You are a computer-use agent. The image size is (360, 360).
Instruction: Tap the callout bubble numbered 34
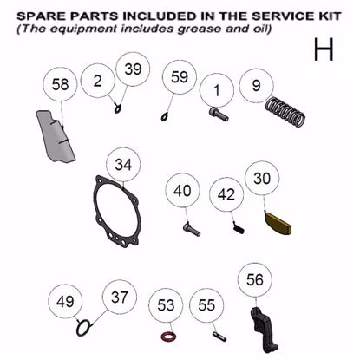click(x=123, y=164)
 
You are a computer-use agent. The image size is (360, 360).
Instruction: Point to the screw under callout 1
click(x=219, y=113)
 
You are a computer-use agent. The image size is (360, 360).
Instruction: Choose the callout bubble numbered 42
click(x=226, y=194)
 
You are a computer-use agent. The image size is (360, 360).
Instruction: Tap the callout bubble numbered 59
click(x=179, y=77)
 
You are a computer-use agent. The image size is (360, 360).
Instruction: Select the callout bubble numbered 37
click(x=119, y=298)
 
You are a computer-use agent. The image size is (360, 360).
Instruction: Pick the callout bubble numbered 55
click(x=206, y=305)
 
